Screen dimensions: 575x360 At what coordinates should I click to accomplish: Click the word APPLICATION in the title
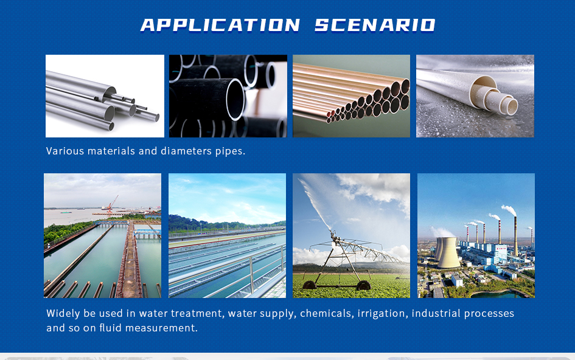point(220,26)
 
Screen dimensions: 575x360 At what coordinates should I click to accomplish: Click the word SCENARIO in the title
point(375,26)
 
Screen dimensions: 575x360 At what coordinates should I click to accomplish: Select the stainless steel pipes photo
point(105,96)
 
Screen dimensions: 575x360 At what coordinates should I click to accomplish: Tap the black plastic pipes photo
point(228,96)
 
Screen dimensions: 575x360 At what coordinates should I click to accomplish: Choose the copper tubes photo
point(351,96)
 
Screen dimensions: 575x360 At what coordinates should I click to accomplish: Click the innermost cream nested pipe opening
point(509,105)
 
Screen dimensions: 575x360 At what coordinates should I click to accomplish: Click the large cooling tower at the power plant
point(448,252)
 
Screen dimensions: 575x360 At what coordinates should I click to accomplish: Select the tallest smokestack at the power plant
point(515,236)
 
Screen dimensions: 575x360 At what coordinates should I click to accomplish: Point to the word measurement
point(161,328)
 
